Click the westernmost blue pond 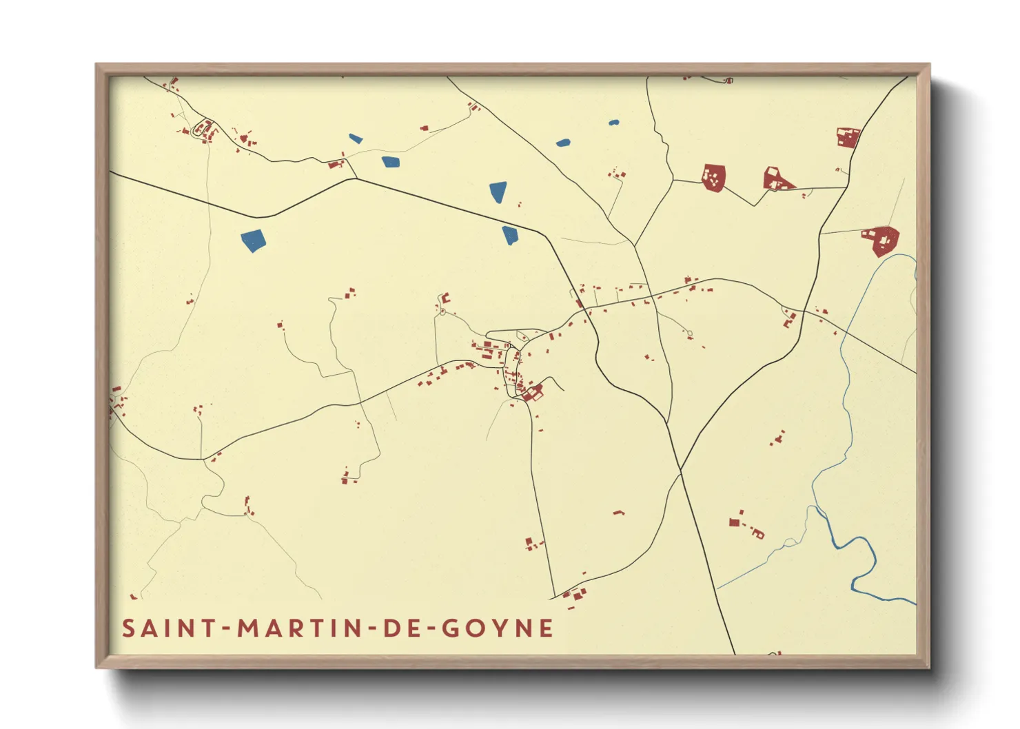point(254,240)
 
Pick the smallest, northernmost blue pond point(613,123)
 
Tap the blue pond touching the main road point(509,235)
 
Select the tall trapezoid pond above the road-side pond point(498,192)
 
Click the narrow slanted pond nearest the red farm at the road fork point(356,138)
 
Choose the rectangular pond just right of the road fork point(391,162)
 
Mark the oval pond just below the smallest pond point(563,143)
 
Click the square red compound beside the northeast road point(847,137)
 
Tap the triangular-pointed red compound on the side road point(777,179)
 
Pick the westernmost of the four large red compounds point(714,177)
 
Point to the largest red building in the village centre point(532,393)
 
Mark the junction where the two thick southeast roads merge point(680,470)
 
